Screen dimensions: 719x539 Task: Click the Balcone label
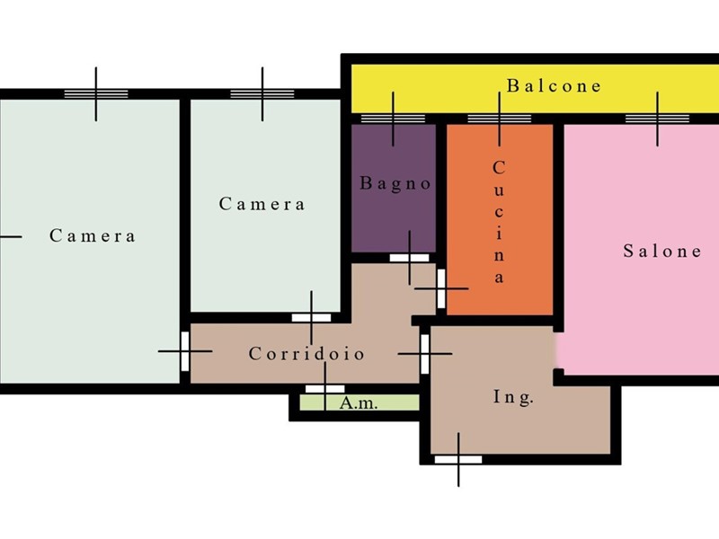554,86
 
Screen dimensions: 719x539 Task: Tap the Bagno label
395,183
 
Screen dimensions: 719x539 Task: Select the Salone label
662,251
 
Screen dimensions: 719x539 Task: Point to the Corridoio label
306,353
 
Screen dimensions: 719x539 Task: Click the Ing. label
513,396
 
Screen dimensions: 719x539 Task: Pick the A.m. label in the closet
359,403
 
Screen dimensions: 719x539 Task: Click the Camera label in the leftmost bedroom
93,235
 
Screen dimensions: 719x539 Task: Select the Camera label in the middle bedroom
262,204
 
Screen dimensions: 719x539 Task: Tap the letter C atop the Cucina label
499,168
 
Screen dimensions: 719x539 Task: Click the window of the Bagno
393,119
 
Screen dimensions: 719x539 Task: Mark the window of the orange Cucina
500,119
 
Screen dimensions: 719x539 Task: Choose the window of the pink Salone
657,119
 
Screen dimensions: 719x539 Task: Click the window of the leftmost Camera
96,94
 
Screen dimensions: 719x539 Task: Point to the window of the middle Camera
262,94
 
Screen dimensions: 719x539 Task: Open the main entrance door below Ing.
458,459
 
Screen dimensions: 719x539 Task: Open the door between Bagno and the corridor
410,258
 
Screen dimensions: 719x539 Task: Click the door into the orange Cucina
441,288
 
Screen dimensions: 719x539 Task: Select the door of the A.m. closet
325,389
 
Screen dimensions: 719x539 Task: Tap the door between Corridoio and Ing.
425,354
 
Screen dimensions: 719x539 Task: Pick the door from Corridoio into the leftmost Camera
185,351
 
